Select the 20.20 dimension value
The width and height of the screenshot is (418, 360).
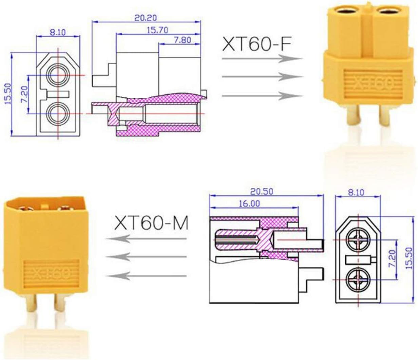coord(146,18)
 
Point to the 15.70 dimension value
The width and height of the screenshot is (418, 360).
coord(157,30)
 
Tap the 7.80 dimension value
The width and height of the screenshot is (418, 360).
coord(183,40)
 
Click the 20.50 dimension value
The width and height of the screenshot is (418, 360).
coord(262,192)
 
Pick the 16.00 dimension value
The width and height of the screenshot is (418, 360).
coord(249,204)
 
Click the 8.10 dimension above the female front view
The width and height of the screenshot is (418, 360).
coord(58,32)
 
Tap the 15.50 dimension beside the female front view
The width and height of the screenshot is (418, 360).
coord(8,94)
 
